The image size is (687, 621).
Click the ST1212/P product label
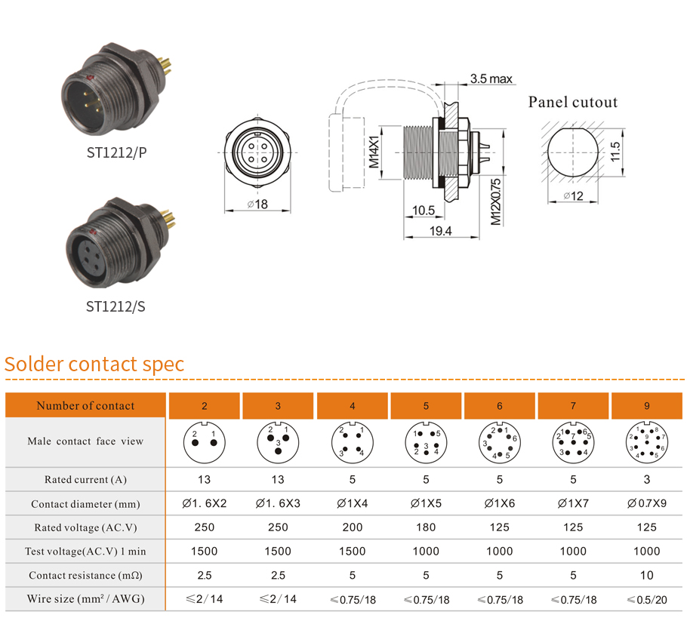click(116, 152)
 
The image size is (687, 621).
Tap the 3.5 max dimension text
click(491, 78)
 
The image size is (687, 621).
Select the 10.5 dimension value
click(423, 211)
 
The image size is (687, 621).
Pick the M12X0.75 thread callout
click(495, 202)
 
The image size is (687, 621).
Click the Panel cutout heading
click(572, 103)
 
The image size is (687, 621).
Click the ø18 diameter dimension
click(257, 204)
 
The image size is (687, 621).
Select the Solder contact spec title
click(94, 364)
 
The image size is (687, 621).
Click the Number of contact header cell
click(85, 406)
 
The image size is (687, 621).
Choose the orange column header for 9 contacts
click(646, 406)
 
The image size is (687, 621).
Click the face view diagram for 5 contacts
click(426, 442)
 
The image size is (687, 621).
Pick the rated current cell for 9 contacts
click(646, 479)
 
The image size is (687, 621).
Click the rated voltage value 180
click(426, 527)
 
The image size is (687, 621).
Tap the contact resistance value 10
click(646, 575)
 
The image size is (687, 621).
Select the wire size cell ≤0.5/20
click(646, 599)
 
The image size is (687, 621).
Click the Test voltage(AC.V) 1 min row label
click(85, 552)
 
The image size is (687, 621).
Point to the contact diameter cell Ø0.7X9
click(646, 503)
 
